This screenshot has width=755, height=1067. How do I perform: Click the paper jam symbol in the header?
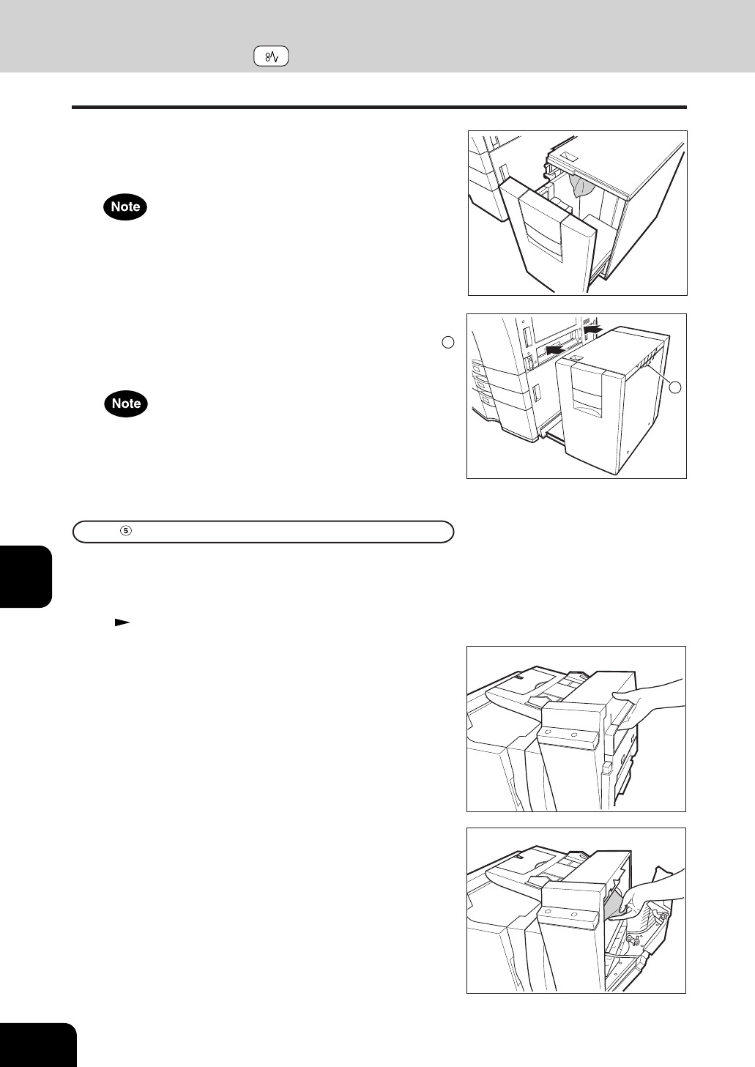click(x=271, y=56)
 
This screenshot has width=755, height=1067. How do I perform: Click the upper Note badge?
click(x=125, y=207)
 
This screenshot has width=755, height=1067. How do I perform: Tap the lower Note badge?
click(x=126, y=404)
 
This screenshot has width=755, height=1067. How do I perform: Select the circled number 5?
click(x=126, y=531)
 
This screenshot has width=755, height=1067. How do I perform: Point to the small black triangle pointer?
click(x=122, y=622)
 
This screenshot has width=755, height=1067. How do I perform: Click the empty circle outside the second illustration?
click(x=447, y=342)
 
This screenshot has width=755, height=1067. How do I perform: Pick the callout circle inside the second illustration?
click(x=675, y=387)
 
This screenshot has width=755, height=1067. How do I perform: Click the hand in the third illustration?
click(x=649, y=700)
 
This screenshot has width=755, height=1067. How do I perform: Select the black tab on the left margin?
click(x=26, y=576)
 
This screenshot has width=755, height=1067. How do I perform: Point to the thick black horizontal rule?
click(x=379, y=107)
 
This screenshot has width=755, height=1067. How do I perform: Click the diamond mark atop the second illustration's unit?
click(x=575, y=357)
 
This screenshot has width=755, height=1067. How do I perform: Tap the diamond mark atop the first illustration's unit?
click(x=568, y=157)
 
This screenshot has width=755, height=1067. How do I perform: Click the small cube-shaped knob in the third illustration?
click(x=606, y=768)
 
